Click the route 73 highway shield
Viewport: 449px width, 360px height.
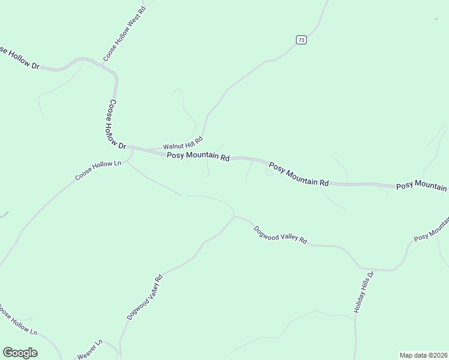click(301, 40)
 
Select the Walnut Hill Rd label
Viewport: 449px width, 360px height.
click(183, 143)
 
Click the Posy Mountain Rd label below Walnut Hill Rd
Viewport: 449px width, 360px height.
click(199, 157)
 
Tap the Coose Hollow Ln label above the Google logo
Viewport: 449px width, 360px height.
click(18, 322)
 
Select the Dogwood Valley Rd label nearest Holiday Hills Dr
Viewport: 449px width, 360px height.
click(280, 235)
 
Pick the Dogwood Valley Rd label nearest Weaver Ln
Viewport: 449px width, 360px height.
click(145, 298)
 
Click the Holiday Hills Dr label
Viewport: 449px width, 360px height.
click(363, 292)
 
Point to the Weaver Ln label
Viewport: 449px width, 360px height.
click(90, 350)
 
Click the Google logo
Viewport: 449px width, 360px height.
click(20, 353)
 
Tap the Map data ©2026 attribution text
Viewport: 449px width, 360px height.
click(423, 355)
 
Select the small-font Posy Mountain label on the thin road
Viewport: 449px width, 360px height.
click(432, 229)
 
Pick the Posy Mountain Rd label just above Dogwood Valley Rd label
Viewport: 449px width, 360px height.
click(299, 174)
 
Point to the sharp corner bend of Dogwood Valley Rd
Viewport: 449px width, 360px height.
click(234, 216)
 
